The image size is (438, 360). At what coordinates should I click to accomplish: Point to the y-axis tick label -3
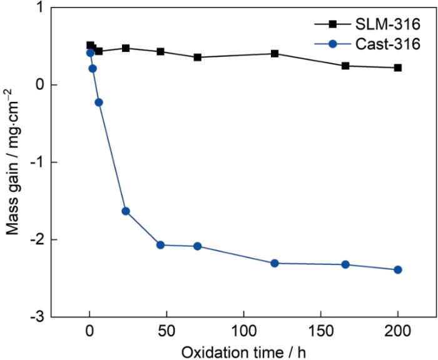(36, 317)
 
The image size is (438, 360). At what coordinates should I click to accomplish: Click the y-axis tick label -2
(36, 239)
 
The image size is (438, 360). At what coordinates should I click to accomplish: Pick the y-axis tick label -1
(36, 162)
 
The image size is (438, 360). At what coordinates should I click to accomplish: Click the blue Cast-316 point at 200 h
(398, 269)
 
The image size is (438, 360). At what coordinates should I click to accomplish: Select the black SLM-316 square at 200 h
(398, 67)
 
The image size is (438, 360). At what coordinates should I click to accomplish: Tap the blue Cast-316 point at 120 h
(274, 263)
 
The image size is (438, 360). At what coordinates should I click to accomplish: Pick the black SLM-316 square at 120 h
(275, 54)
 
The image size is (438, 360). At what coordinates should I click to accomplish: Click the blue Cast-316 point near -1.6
(126, 211)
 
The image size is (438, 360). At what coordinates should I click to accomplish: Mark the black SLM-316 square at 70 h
(198, 57)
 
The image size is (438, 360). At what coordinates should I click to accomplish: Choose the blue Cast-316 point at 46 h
(160, 245)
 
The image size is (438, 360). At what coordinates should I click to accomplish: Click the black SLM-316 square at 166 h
(345, 66)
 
